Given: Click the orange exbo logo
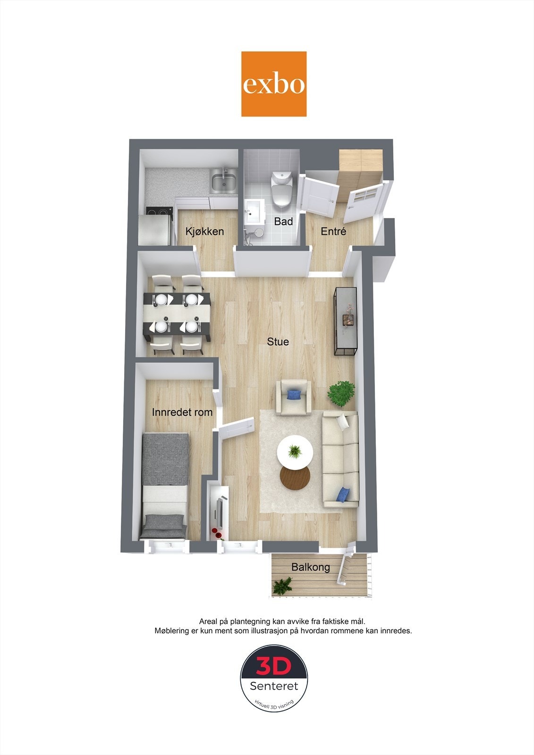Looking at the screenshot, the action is coord(273,84).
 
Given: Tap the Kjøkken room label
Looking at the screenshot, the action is coord(205,232).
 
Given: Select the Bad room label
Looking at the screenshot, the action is coord(283,221).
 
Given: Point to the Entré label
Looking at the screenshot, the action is coord(333,231).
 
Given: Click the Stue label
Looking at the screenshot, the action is coord(278,342).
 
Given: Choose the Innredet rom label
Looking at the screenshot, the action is coord(182,412).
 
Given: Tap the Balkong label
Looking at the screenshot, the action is coord(311,567).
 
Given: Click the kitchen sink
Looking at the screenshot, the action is coord(223,181).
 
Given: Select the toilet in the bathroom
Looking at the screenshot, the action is coord(282,189).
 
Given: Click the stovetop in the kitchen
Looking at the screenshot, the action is coord(159,213).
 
